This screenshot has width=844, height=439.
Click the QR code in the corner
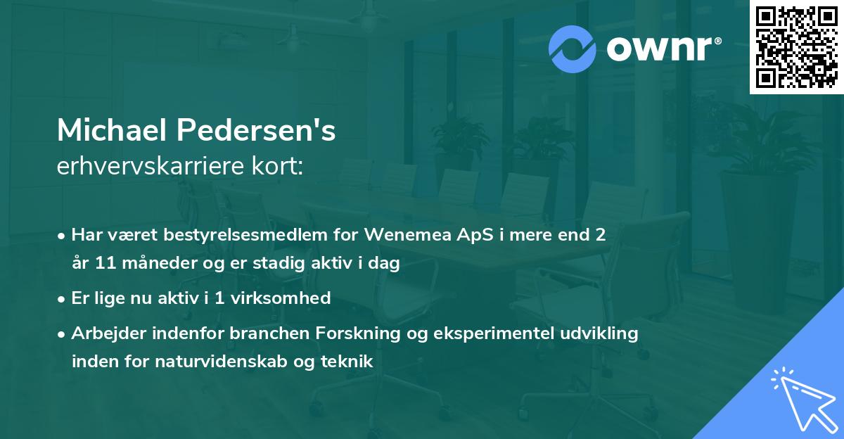[x=795, y=46]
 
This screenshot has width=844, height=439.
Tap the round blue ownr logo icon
[x=573, y=49]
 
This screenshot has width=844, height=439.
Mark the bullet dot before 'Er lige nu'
[x=63, y=298]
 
